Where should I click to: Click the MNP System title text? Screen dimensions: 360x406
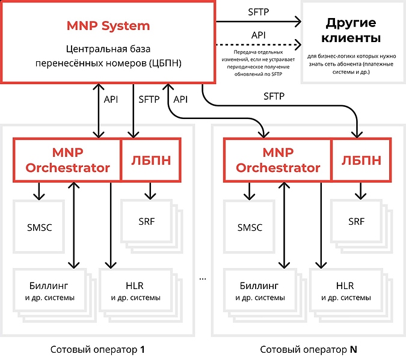[108, 26]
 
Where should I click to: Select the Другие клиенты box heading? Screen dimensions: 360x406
[351, 31]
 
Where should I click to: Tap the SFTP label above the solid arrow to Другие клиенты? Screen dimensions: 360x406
[259, 11]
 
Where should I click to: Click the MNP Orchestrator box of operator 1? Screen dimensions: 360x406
[67, 160]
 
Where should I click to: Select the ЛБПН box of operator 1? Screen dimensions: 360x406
[150, 160]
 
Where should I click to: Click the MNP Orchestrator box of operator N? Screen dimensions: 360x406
[277, 160]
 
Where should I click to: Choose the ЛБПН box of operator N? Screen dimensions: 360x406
[361, 160]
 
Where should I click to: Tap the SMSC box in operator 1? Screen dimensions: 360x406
[39, 227]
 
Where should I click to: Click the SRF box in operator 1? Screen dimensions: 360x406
[146, 221]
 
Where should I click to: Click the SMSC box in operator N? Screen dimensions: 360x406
[250, 227]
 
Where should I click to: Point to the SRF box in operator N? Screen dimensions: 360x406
[356, 221]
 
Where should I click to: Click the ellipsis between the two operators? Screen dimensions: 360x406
[203, 279]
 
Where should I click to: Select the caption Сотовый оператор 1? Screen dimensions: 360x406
[97, 349]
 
